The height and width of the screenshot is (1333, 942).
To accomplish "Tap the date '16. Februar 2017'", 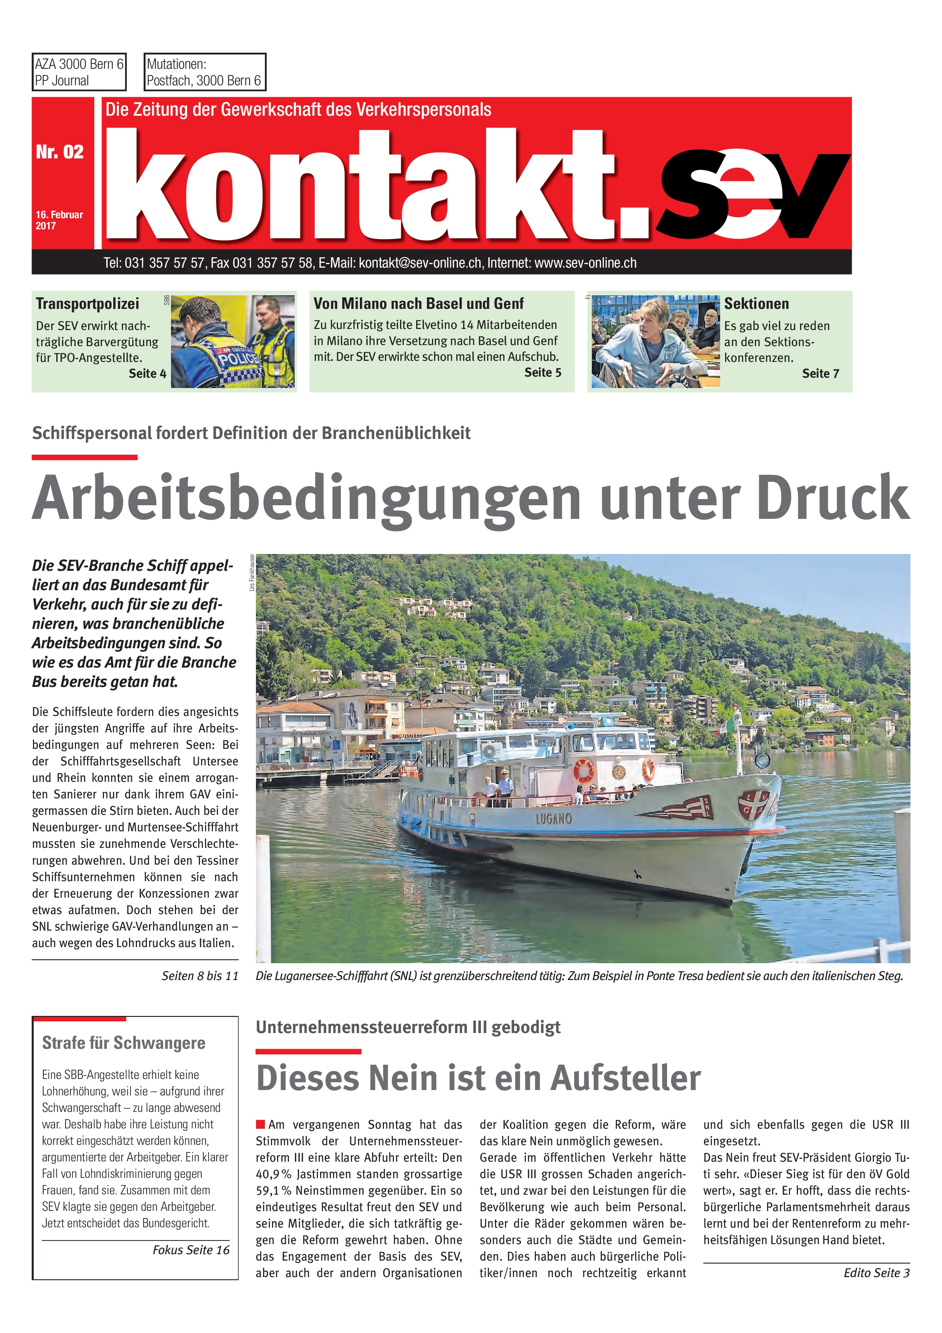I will point(59,220).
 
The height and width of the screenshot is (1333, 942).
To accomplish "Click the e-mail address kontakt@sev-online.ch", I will point(420,263).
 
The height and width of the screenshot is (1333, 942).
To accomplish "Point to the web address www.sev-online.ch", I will point(585,263).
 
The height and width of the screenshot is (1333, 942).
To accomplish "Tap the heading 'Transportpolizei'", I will point(87,304).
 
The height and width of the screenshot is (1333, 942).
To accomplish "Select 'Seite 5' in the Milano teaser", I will point(542,373).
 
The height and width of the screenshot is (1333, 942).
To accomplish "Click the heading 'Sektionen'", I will point(756,304).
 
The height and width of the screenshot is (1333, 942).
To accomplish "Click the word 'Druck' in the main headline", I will point(833,498).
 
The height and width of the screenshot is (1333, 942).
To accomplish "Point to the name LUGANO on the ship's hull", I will point(553,818).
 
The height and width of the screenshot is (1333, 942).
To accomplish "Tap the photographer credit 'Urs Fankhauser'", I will point(252,573).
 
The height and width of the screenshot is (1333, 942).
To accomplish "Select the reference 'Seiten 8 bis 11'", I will point(200,976).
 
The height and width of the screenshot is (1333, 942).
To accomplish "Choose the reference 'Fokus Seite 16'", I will point(191,1250).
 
